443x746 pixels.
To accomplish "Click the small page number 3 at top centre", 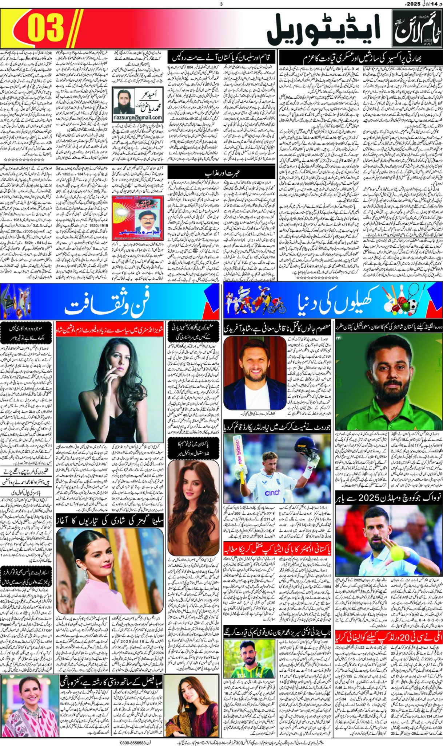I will (x=221, y=4).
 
